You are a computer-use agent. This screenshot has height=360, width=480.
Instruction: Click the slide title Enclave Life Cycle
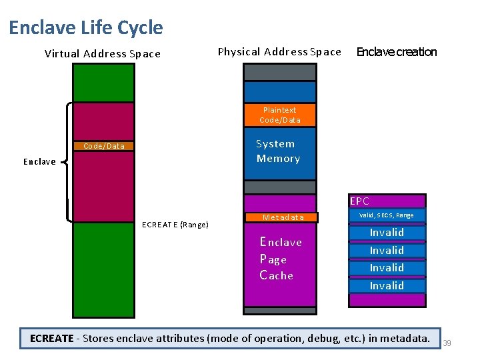(x=85, y=27)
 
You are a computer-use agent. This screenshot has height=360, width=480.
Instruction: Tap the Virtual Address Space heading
(x=102, y=54)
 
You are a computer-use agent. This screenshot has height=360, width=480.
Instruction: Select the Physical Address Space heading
(x=279, y=52)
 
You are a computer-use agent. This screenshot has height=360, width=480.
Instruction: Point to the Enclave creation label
(x=397, y=52)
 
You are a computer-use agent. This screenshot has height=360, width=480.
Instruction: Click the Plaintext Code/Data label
(x=279, y=115)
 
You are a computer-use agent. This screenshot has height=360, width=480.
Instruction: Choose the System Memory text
(x=278, y=151)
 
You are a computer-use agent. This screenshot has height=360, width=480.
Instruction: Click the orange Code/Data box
(x=103, y=146)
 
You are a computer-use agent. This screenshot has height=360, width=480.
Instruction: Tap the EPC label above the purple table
(x=359, y=201)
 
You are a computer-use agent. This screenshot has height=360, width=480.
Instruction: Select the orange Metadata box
(x=283, y=217)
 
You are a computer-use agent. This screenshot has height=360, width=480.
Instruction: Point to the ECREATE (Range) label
(x=175, y=225)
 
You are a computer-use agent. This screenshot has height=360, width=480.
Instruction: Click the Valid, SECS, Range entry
(x=387, y=215)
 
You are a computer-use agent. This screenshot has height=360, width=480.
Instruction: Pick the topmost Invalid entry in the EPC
(x=387, y=233)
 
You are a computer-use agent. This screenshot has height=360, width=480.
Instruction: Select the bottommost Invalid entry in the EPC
(x=387, y=285)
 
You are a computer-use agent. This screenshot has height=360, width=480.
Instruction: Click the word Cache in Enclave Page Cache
(x=277, y=275)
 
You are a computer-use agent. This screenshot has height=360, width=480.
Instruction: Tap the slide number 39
(x=447, y=343)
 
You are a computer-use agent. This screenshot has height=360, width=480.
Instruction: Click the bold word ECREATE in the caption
(x=51, y=339)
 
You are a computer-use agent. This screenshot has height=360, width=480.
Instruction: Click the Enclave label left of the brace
(x=39, y=162)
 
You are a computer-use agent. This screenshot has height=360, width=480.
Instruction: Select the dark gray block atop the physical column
(x=279, y=72)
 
